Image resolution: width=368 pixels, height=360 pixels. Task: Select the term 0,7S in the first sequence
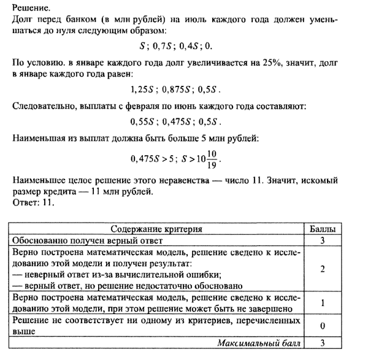tap(164, 47)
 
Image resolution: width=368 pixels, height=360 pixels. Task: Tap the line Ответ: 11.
tap(33, 204)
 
